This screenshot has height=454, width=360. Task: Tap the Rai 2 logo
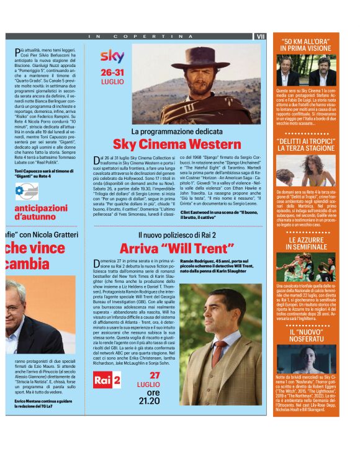coord(107,381)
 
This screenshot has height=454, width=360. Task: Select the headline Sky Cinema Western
coord(176,145)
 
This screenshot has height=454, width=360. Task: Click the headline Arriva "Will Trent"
coord(176,248)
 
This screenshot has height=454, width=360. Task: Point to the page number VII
coord(259,37)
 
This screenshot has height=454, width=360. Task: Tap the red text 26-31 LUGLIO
coord(112,76)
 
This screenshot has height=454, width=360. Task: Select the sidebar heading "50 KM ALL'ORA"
coord(306,45)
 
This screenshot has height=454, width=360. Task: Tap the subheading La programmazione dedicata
coord(176,132)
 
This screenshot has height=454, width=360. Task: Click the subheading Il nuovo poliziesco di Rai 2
coord(176,236)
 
